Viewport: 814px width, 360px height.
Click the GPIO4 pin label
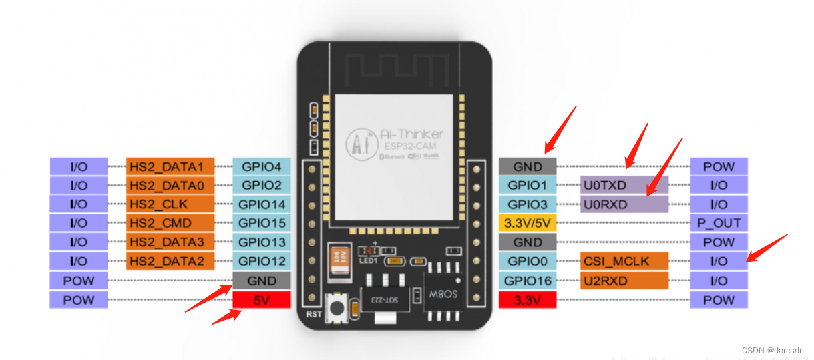(x=261, y=166)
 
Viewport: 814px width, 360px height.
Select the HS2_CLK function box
(x=170, y=204)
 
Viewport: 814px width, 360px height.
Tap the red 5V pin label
(x=261, y=300)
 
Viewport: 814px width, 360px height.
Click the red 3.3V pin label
(x=527, y=300)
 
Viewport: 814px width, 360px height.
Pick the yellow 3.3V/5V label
(x=527, y=223)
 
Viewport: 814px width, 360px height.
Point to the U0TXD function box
(x=624, y=185)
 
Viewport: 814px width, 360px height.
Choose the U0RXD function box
(x=624, y=204)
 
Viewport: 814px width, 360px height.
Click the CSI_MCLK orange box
(x=624, y=261)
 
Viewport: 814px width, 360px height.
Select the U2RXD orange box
(x=624, y=281)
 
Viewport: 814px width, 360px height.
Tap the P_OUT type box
(x=719, y=223)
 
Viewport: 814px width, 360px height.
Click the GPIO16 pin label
(x=527, y=281)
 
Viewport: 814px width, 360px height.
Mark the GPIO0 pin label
(x=527, y=261)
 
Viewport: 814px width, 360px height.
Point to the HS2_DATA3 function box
(x=170, y=242)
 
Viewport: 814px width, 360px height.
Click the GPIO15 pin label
(x=261, y=223)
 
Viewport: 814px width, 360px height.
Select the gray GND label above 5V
(x=261, y=281)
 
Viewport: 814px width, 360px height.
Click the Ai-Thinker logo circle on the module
(x=358, y=143)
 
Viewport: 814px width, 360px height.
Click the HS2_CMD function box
(x=170, y=223)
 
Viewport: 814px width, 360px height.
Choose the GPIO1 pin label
(x=527, y=185)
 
